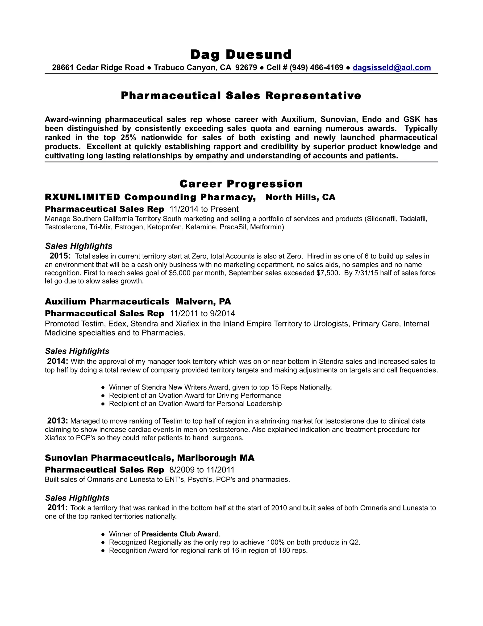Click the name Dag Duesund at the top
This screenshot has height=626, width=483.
pos(241,55)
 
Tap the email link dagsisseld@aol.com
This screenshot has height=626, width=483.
pos(391,68)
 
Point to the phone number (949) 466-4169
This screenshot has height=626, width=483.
pos(316,68)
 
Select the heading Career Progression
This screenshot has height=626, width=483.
pos(241,184)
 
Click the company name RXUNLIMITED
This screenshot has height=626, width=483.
pos(82,197)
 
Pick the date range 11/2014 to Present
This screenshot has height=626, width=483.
pos(204,209)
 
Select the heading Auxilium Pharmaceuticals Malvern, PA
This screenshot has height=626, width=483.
pos(138,301)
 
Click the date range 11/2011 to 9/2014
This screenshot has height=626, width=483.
pos(202,313)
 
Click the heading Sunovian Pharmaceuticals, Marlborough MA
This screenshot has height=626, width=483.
pos(149,458)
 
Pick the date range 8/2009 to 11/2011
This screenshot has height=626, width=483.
pos(202,470)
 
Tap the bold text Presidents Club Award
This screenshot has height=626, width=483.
pos(180,534)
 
